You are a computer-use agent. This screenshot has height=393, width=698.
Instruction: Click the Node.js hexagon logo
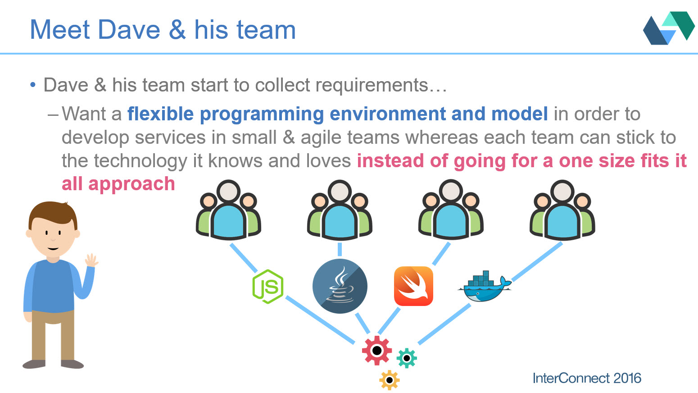pos(268,287)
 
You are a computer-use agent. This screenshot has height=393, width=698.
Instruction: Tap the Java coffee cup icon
pos(340,286)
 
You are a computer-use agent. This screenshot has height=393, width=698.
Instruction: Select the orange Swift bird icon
pos(413,286)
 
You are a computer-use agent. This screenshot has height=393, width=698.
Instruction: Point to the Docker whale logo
pos(485,286)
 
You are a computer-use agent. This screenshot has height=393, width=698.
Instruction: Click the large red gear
pos(377,350)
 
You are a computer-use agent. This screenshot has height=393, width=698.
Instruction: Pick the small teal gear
pos(407,358)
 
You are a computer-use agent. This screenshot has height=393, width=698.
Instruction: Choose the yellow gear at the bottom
pos(390,380)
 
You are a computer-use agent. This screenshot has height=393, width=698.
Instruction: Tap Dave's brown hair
pos(53,214)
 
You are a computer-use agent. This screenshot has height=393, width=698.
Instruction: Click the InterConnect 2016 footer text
pos(587,378)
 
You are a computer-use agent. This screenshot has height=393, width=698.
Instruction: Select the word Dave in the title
pos(129,30)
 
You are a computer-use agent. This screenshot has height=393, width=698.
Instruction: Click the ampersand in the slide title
pos(177,30)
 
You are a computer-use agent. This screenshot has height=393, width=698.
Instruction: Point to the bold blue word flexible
pos(160,114)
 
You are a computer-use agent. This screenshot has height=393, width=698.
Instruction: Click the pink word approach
pos(131,184)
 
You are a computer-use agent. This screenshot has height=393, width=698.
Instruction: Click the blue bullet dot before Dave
pos(33,85)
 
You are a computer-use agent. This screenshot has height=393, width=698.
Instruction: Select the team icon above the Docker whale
pos(562,210)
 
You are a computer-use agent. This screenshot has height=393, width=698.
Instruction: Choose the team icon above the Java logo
pos(340,210)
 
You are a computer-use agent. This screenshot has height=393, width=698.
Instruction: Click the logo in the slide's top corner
pos(669,28)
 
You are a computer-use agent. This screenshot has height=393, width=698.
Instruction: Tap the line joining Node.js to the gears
pos(320,320)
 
